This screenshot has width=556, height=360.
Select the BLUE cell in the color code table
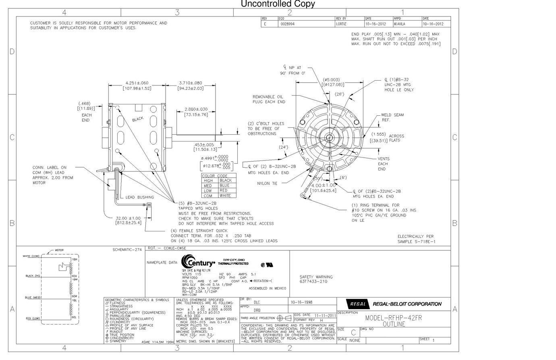tap(225, 185)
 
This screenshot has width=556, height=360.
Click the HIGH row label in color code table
tap(209, 181)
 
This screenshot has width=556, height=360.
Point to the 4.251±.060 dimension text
tap(137, 83)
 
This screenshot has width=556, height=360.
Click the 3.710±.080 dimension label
tap(191, 83)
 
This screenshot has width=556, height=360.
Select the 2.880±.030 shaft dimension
tap(196, 109)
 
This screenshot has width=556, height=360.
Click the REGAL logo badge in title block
tap(357, 304)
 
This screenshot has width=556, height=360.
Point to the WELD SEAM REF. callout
tap(392, 117)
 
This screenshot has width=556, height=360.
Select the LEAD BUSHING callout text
tap(140, 197)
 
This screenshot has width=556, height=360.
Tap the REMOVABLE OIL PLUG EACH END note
tap(269, 99)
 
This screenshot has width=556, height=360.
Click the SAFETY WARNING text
tap(316, 277)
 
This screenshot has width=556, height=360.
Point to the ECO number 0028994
tap(288, 24)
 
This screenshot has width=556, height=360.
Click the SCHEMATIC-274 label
tap(127, 250)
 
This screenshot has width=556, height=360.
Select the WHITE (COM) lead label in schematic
tap(31, 256)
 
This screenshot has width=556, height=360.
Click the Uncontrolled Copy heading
tap(278, 4)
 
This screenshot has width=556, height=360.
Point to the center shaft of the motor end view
tap(330, 137)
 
